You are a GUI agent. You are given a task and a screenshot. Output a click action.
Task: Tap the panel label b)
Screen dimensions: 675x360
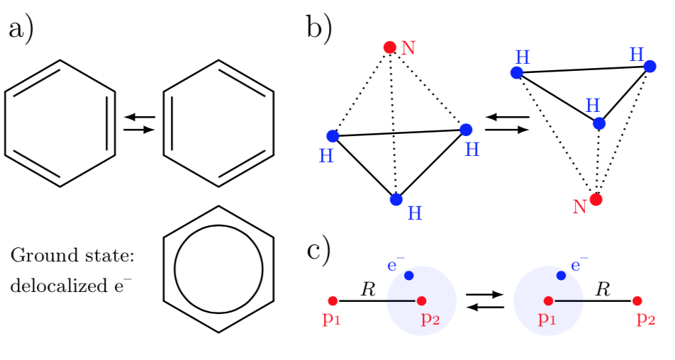(x=319, y=29)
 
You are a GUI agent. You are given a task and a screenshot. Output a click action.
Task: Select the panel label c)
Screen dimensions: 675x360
(x=318, y=252)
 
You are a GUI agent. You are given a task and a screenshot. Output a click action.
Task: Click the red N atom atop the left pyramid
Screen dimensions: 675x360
(x=390, y=47)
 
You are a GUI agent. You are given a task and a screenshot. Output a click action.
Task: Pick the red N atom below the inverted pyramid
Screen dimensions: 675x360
(x=596, y=199)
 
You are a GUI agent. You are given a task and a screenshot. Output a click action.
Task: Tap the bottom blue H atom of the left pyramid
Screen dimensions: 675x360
(x=396, y=200)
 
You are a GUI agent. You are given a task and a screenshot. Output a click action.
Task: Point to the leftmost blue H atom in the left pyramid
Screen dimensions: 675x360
(x=333, y=136)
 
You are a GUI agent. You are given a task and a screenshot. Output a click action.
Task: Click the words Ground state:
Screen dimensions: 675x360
(x=72, y=256)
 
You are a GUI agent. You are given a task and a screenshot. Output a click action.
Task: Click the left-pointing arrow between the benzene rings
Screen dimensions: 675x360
(x=139, y=117)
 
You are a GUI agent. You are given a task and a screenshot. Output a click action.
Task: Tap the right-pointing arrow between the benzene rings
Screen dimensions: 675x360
(x=139, y=129)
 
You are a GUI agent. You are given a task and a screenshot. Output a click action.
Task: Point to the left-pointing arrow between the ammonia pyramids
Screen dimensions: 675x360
(x=507, y=117)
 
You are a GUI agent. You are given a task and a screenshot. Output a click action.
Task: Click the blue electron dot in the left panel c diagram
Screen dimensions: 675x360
(x=409, y=275)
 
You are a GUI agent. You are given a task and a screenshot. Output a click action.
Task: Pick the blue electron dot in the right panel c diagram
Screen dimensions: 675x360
(x=561, y=275)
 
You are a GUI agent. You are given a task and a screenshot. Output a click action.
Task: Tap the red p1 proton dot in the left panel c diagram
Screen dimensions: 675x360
(x=333, y=300)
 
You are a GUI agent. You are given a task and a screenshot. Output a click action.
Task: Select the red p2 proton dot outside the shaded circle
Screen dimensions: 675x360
(x=637, y=300)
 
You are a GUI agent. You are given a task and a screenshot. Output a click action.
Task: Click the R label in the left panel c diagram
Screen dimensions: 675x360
(x=368, y=289)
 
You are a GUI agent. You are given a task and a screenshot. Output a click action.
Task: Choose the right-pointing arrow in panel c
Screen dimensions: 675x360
(x=485, y=295)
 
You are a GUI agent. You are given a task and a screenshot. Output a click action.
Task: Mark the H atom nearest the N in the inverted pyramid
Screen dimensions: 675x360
(x=599, y=123)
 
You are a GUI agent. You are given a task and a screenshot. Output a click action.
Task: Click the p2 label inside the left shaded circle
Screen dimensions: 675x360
(x=430, y=318)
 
